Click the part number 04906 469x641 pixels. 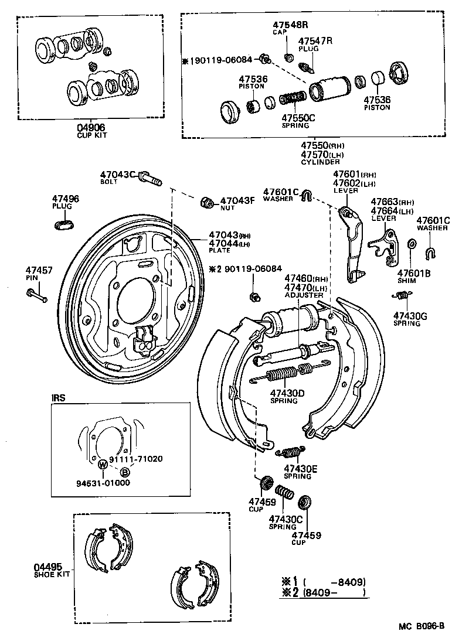pyautogui.click(x=92, y=127)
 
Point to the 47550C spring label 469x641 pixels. pyautogui.click(x=298, y=117)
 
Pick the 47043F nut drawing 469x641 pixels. pyautogui.click(x=207, y=202)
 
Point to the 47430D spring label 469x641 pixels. pyautogui.click(x=287, y=393)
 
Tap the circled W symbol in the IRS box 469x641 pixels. pyautogui.click(x=102, y=464)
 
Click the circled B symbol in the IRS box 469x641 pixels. pyautogui.click(x=125, y=472)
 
